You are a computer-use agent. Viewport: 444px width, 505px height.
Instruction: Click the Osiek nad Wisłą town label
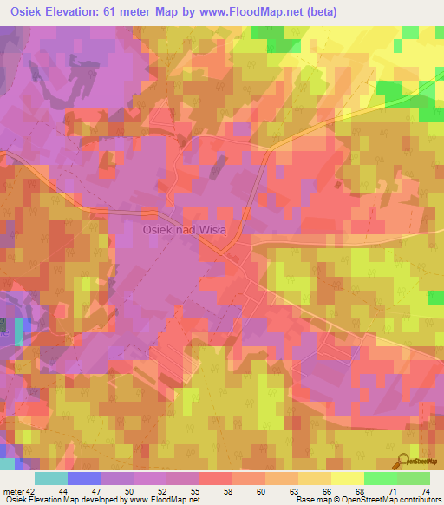[x=184, y=229]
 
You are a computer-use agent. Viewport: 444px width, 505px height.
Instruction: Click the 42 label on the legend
[x=33, y=490]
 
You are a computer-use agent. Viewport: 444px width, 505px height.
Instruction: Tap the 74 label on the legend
[x=424, y=490]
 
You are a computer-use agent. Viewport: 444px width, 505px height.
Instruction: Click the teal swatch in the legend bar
[x=51, y=478]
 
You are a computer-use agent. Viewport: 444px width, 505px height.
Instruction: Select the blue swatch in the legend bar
[x=84, y=478]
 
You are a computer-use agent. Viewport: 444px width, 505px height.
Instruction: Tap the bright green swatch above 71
[x=381, y=478]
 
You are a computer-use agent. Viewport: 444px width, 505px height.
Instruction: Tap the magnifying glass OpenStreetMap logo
[x=402, y=461]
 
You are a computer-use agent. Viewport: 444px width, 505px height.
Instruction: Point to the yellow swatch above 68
[x=348, y=478]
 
